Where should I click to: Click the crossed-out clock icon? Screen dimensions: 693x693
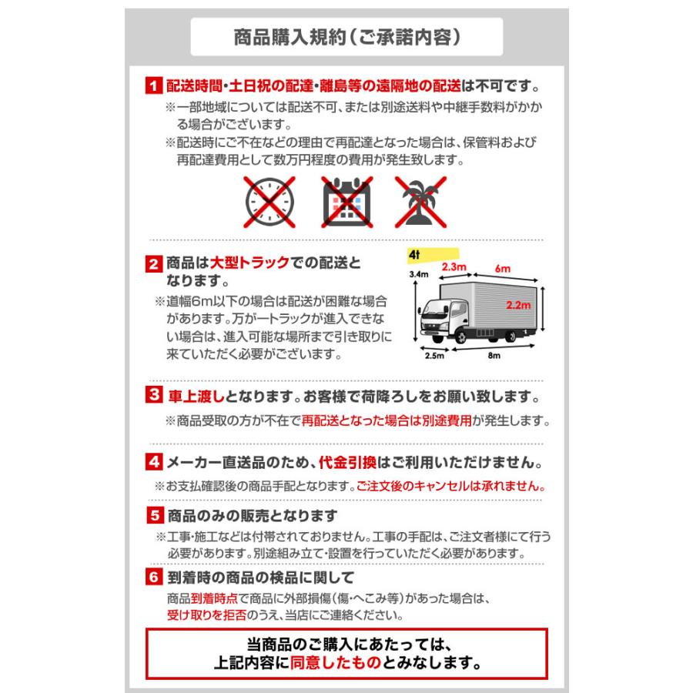tap(270, 199)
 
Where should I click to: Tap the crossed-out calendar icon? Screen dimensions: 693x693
tap(346, 199)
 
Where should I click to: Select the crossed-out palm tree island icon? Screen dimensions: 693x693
tap(421, 199)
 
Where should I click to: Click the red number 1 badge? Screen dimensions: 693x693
tap(153, 85)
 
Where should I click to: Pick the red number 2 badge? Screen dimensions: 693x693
tap(153, 264)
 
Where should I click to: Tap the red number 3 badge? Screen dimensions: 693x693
tap(153, 396)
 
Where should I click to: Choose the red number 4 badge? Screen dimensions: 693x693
tap(153, 464)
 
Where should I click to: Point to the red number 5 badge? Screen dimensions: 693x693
tap(153, 514)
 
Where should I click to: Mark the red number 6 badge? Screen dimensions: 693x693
tap(153, 577)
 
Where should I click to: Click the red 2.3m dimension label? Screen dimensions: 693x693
tap(454, 267)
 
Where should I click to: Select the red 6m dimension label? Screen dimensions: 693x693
tap(504, 269)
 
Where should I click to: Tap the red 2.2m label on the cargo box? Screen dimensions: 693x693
tap(521, 305)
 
